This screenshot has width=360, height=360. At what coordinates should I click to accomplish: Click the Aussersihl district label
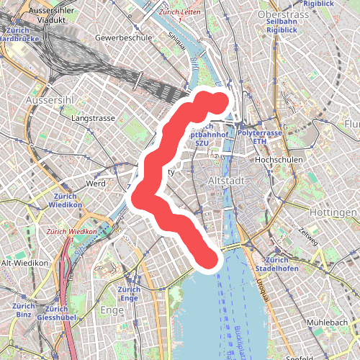(48, 98)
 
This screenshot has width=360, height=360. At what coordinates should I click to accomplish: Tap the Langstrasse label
(94, 117)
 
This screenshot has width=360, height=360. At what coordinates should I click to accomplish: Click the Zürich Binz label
(22, 310)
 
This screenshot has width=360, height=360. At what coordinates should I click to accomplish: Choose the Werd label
(96, 184)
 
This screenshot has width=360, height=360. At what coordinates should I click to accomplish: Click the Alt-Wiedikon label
(24, 264)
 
